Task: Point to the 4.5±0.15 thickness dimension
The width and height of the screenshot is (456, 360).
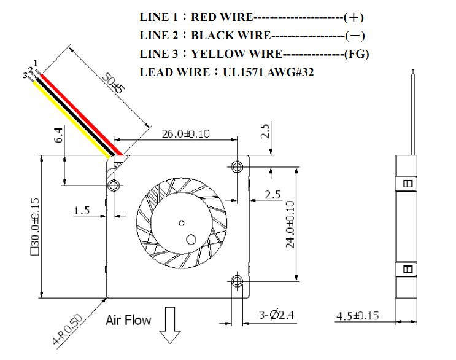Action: (358, 316)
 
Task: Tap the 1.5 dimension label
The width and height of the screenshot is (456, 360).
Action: (82, 211)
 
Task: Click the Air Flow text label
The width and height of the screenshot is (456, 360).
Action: (128, 320)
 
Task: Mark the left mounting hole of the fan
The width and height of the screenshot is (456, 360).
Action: (114, 184)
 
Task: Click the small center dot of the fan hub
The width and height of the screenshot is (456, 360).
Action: (181, 222)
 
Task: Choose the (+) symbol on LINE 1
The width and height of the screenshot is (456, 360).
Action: (358, 17)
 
